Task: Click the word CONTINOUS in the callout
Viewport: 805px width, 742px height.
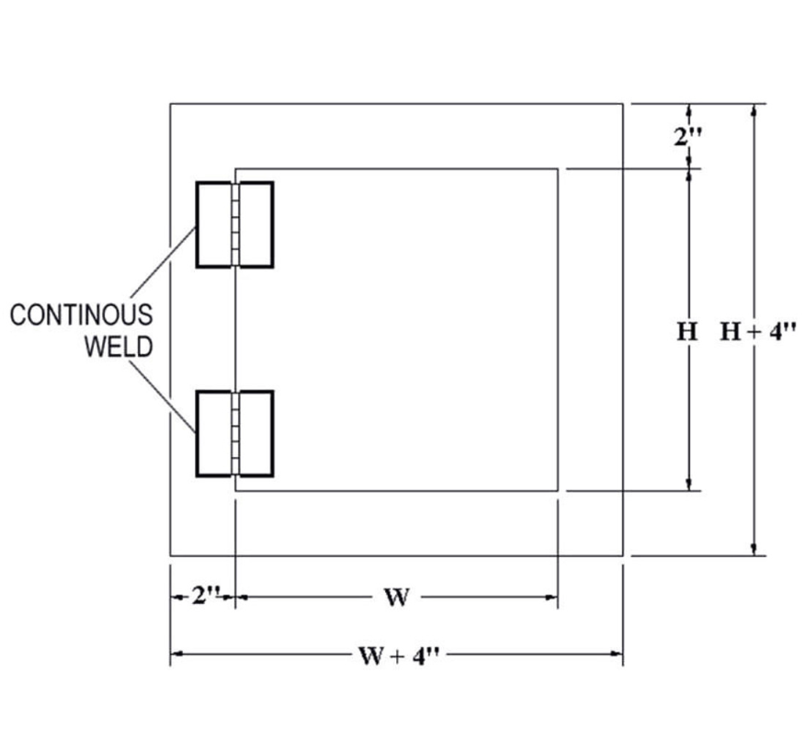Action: coord(81,315)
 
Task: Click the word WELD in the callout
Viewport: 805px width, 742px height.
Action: coord(119,347)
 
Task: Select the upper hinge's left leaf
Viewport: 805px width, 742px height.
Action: coord(213,225)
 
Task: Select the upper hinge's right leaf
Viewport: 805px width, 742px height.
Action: coord(257,225)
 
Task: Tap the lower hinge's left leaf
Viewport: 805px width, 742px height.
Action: coord(213,434)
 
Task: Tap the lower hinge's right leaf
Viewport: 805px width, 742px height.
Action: coord(257,434)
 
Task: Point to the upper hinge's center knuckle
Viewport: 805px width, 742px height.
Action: coord(235,225)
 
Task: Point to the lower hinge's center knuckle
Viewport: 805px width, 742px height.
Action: coord(235,434)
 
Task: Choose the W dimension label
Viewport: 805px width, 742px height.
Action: coord(395,599)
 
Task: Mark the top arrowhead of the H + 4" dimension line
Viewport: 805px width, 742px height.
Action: coord(754,109)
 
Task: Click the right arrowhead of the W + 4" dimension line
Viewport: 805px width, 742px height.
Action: coord(617,656)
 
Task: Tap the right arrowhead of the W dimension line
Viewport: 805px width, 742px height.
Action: coord(551,598)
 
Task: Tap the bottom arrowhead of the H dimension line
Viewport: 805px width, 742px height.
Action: coord(689,485)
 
